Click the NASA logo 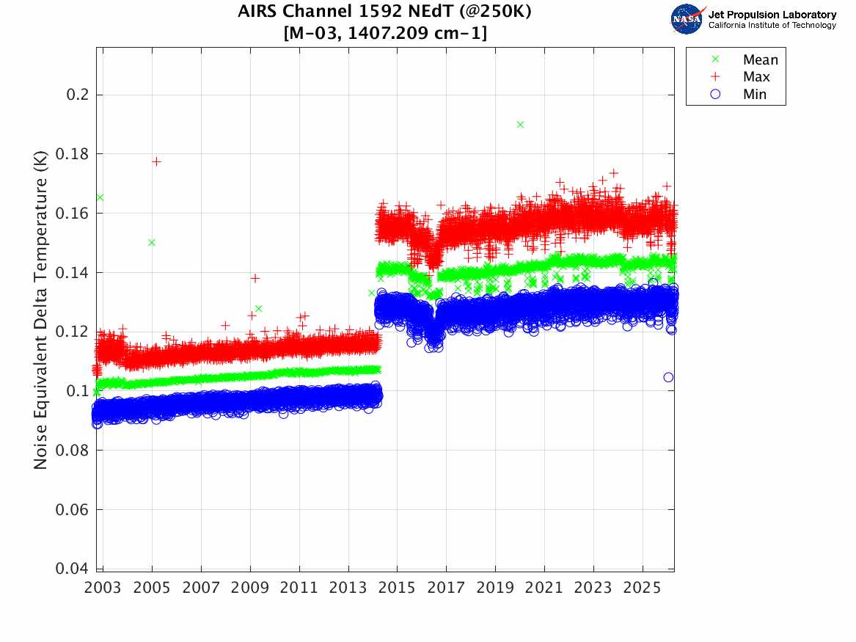pyautogui.click(x=687, y=19)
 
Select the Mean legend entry pyautogui.click(x=760, y=59)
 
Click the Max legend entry pyautogui.click(x=756, y=77)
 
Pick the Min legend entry pyautogui.click(x=754, y=95)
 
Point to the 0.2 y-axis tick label pyautogui.click(x=73, y=95)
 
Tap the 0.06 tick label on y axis pyautogui.click(x=70, y=509)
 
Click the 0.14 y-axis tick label pyautogui.click(x=70, y=272)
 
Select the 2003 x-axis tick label pyautogui.click(x=103, y=588)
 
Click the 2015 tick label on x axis pyautogui.click(x=397, y=588)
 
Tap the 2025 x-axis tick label pyautogui.click(x=643, y=588)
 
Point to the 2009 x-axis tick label pyautogui.click(x=250, y=588)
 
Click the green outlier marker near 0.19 pyautogui.click(x=520, y=125)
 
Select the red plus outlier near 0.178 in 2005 pyautogui.click(x=156, y=161)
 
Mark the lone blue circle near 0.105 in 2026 pyautogui.click(x=668, y=377)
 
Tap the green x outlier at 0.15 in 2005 pyautogui.click(x=151, y=242)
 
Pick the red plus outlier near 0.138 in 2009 pyautogui.click(x=255, y=278)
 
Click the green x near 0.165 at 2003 pyautogui.click(x=100, y=197)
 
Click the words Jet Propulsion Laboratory pyautogui.click(x=772, y=14)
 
